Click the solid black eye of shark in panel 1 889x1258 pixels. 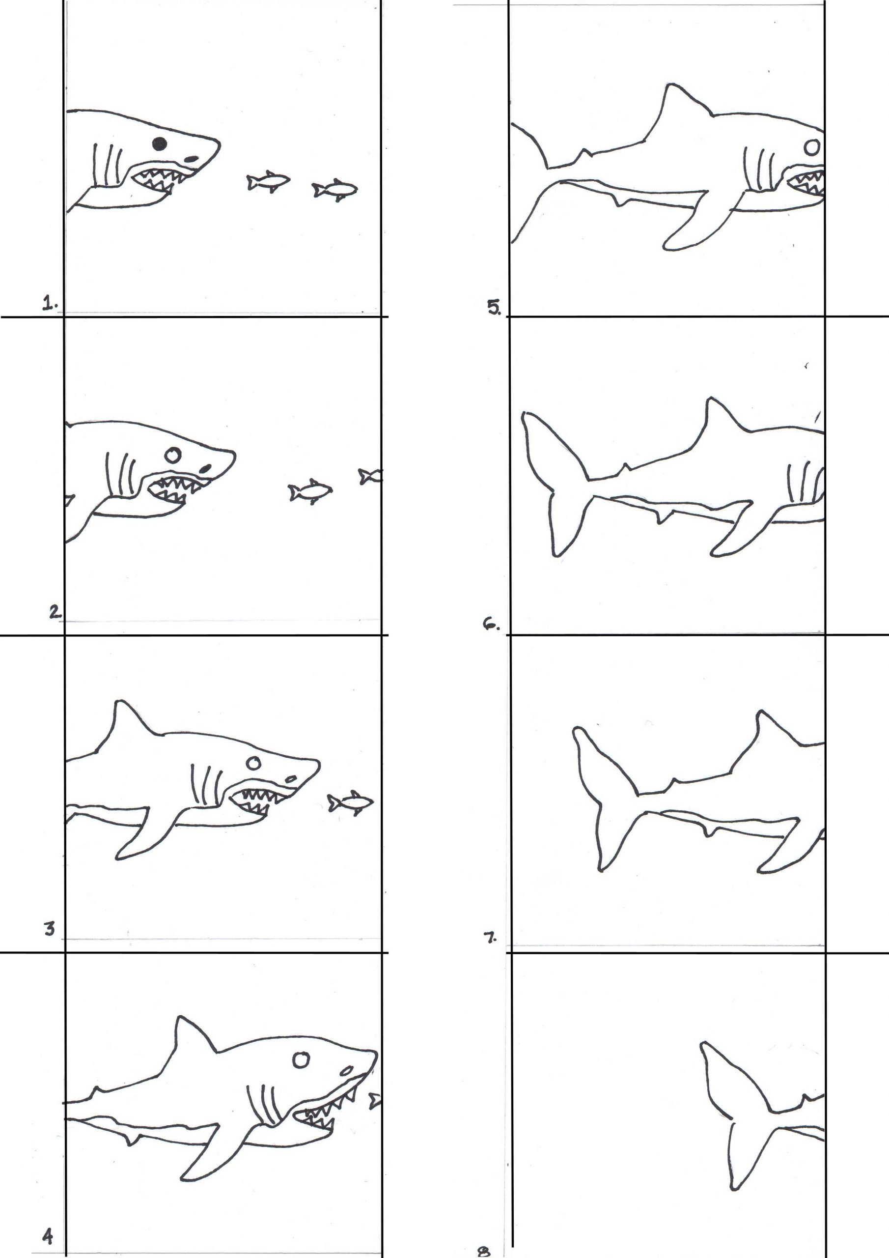click(x=160, y=143)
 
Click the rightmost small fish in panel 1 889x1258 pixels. click(x=334, y=190)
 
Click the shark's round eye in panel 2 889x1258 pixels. click(x=173, y=454)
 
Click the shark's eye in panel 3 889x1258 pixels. click(x=253, y=763)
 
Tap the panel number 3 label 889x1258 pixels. click(x=50, y=929)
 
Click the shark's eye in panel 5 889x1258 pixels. click(x=813, y=146)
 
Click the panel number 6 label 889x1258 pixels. click(x=489, y=625)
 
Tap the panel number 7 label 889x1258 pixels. click(x=490, y=938)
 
